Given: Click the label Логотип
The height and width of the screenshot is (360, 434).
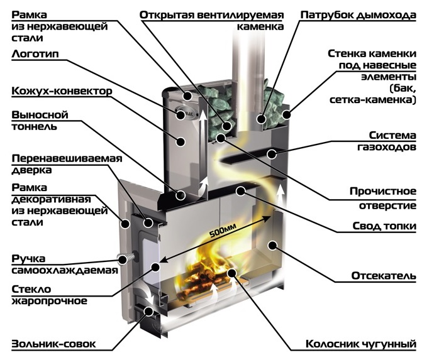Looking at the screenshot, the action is coord(35,53).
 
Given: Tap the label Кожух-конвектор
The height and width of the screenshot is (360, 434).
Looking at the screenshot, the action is coord(62,91).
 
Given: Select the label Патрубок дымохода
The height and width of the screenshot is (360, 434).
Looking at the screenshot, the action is coord(358,15).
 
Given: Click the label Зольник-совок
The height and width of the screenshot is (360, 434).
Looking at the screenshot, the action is coord(53,344).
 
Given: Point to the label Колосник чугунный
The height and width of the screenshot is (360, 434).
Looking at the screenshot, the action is coord(361,344).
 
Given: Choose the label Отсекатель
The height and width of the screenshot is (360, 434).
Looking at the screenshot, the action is coord(384,276).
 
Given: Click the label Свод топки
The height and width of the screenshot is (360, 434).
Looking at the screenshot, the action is coord(384,226).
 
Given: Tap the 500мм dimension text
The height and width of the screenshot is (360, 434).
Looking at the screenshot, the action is coord(223,231).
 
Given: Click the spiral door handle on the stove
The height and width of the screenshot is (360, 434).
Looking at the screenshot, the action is coord(126,258).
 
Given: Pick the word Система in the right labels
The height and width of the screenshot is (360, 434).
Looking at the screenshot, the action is coord(392,136).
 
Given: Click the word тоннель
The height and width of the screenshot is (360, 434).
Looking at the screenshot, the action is coord(35,127).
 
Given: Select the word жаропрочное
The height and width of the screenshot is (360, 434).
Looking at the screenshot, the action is coord(49,301).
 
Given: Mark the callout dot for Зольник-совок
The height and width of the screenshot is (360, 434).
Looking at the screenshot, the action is coord(149,312).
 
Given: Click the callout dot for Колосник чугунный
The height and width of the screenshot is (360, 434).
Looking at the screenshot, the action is coord(231,273).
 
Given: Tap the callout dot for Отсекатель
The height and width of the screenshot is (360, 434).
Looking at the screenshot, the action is coord(273,245).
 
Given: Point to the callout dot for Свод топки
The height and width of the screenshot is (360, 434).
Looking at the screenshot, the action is coord(240,190).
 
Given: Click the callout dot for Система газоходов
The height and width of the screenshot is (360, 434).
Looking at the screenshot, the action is coord(272,154).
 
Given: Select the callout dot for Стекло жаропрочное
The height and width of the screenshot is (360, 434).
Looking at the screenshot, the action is coord(155,267).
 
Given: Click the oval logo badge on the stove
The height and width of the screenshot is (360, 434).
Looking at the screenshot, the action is coord(187,113).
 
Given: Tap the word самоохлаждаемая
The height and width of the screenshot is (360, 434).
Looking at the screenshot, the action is coord(65,270).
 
